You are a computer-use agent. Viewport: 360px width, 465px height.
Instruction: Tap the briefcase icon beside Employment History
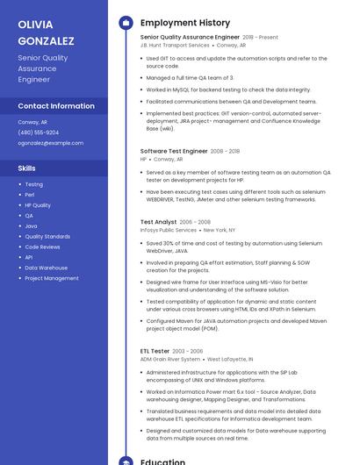coord(126,23)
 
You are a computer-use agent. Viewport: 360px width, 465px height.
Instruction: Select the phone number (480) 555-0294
coord(39,132)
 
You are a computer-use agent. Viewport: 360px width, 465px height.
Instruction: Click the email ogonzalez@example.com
coord(51,143)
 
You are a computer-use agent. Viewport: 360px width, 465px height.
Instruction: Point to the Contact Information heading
coord(56,106)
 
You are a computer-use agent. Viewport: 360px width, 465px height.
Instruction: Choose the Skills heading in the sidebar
coord(27,168)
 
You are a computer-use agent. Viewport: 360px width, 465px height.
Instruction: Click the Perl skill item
coord(30,195)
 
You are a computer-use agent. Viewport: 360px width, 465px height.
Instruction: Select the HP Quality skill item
coord(38,205)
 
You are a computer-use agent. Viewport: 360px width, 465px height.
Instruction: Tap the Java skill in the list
coord(30,225)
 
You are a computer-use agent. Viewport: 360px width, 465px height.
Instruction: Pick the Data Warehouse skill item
coord(46,268)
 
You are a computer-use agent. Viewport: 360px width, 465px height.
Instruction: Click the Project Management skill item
coord(52,278)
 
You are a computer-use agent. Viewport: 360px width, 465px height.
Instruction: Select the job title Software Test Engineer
coord(173,151)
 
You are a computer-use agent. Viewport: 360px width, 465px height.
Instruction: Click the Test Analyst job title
coord(158,222)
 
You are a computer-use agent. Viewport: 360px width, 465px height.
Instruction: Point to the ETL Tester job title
coord(155,351)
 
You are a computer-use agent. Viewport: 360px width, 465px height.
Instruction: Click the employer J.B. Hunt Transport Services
coord(175,46)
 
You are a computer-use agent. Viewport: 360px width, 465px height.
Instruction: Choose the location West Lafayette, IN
coord(229,359)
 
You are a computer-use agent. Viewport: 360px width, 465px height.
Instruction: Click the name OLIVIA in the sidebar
coord(35,25)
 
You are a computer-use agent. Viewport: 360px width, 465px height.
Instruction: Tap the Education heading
coord(162,461)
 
